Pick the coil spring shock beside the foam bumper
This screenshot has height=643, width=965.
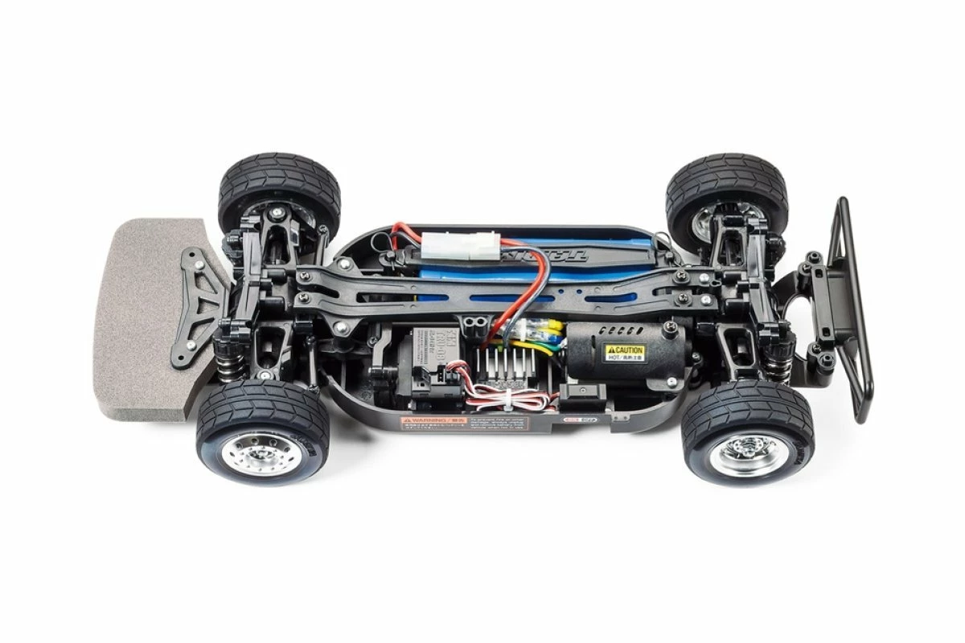click(x=227, y=361)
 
